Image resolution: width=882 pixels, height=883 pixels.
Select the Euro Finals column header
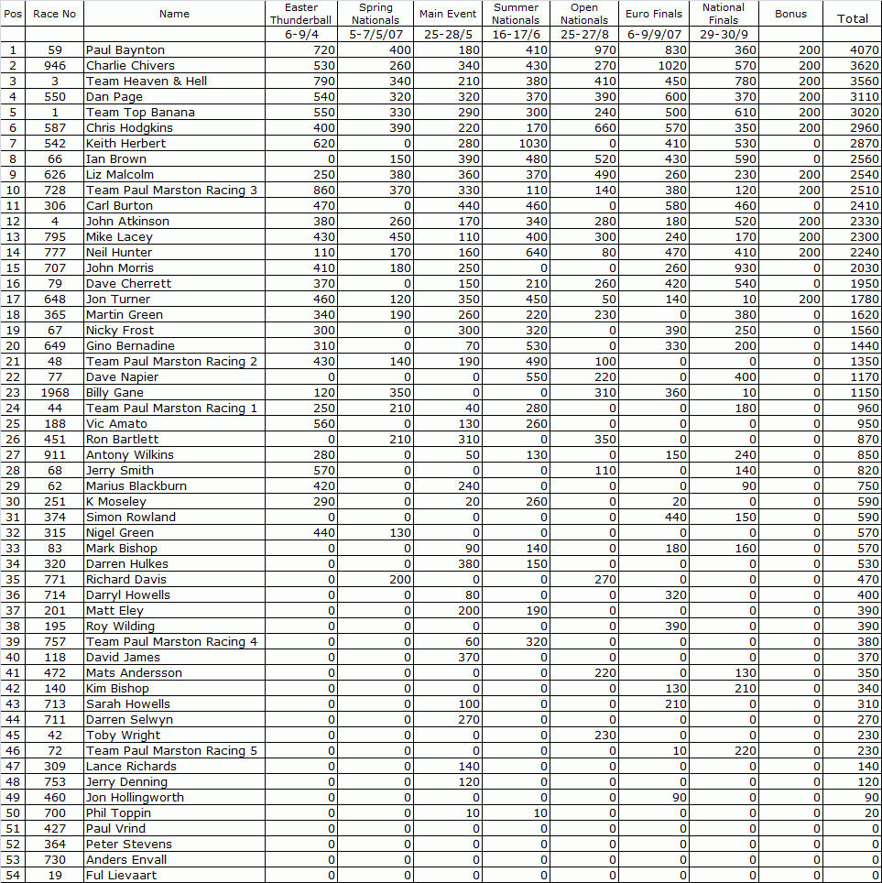coord(654,14)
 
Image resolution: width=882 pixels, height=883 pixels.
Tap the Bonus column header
coord(790,14)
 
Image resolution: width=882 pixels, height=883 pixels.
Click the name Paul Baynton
coord(125,50)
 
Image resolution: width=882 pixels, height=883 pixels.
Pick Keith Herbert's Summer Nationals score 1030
coord(530,144)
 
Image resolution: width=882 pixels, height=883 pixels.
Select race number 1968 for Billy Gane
coord(55,393)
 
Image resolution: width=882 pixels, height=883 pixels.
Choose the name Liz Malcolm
coord(120,175)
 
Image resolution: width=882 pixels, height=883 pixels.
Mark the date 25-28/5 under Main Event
coord(448,34)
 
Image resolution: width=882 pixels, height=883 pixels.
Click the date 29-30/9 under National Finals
coord(724,34)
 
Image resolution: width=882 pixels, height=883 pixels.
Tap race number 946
coord(55,66)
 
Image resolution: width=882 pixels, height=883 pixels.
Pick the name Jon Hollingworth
coord(135,798)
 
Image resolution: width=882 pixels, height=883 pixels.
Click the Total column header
coord(853,18)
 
